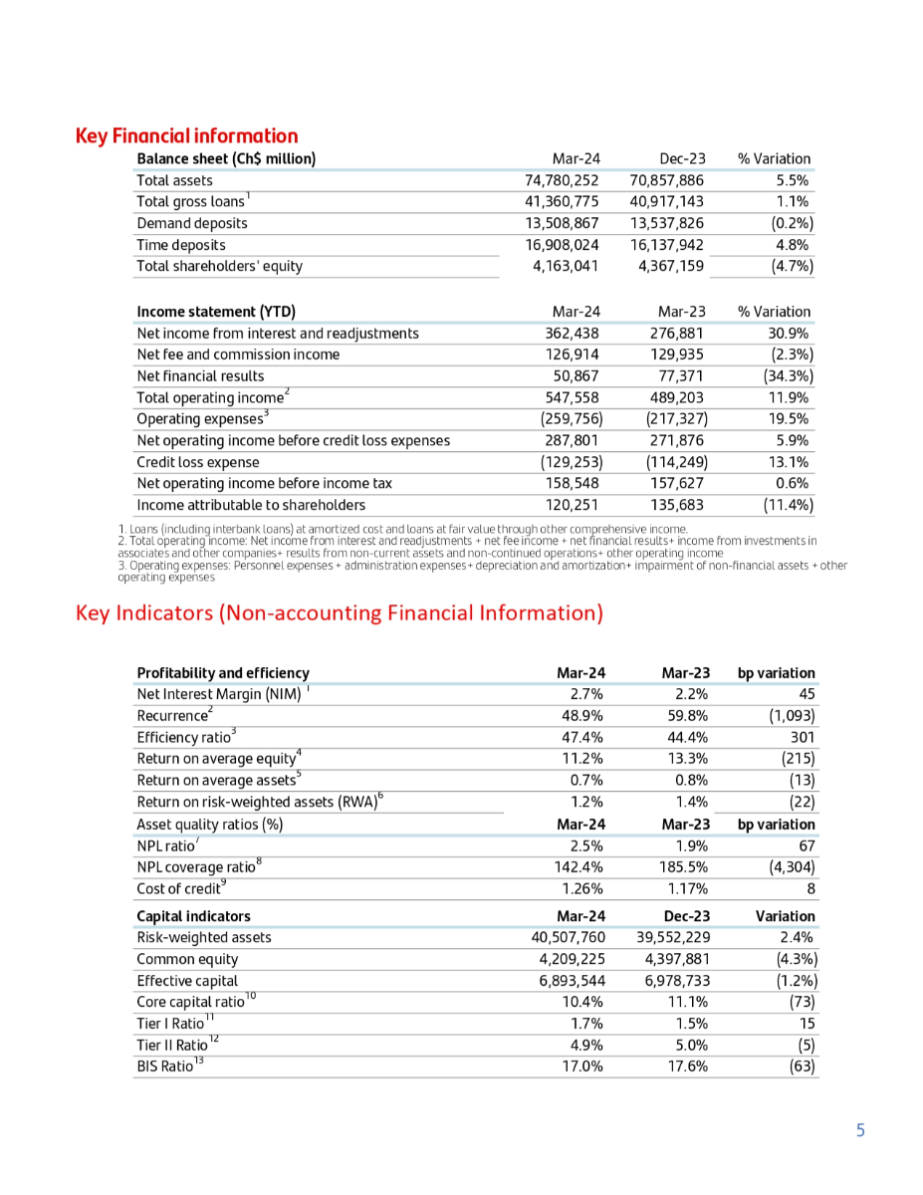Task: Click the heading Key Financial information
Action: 186,136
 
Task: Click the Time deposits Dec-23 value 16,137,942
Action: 667,245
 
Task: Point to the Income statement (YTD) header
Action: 216,312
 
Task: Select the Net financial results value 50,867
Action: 577,376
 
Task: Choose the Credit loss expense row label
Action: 198,462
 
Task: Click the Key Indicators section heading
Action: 340,612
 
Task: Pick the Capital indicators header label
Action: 193,916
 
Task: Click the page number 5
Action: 860,1130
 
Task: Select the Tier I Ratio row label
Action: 170,1024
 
